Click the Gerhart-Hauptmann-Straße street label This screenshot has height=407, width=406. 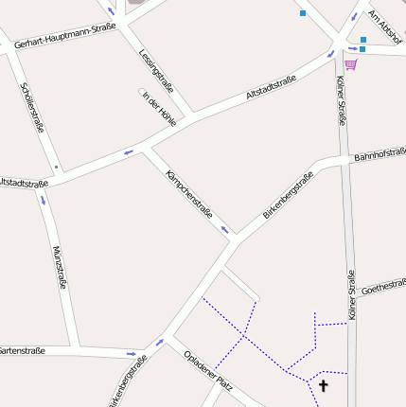(64, 35)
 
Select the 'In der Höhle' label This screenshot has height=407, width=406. (159, 108)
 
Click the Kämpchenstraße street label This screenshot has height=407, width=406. (189, 194)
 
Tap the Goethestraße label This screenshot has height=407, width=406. (383, 285)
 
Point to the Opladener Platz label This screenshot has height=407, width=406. (209, 369)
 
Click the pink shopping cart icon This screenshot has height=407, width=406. (351, 64)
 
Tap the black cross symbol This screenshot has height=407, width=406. (324, 385)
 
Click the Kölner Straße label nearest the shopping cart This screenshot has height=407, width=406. (341, 101)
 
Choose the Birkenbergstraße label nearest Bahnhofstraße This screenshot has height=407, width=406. (288, 195)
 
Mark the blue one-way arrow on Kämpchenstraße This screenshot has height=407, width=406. (225, 229)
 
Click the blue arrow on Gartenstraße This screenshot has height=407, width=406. (131, 354)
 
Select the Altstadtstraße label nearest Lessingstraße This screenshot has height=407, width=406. (271, 87)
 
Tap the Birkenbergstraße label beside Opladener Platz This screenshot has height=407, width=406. (129, 381)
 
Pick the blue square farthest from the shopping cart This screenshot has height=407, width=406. (303, 13)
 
